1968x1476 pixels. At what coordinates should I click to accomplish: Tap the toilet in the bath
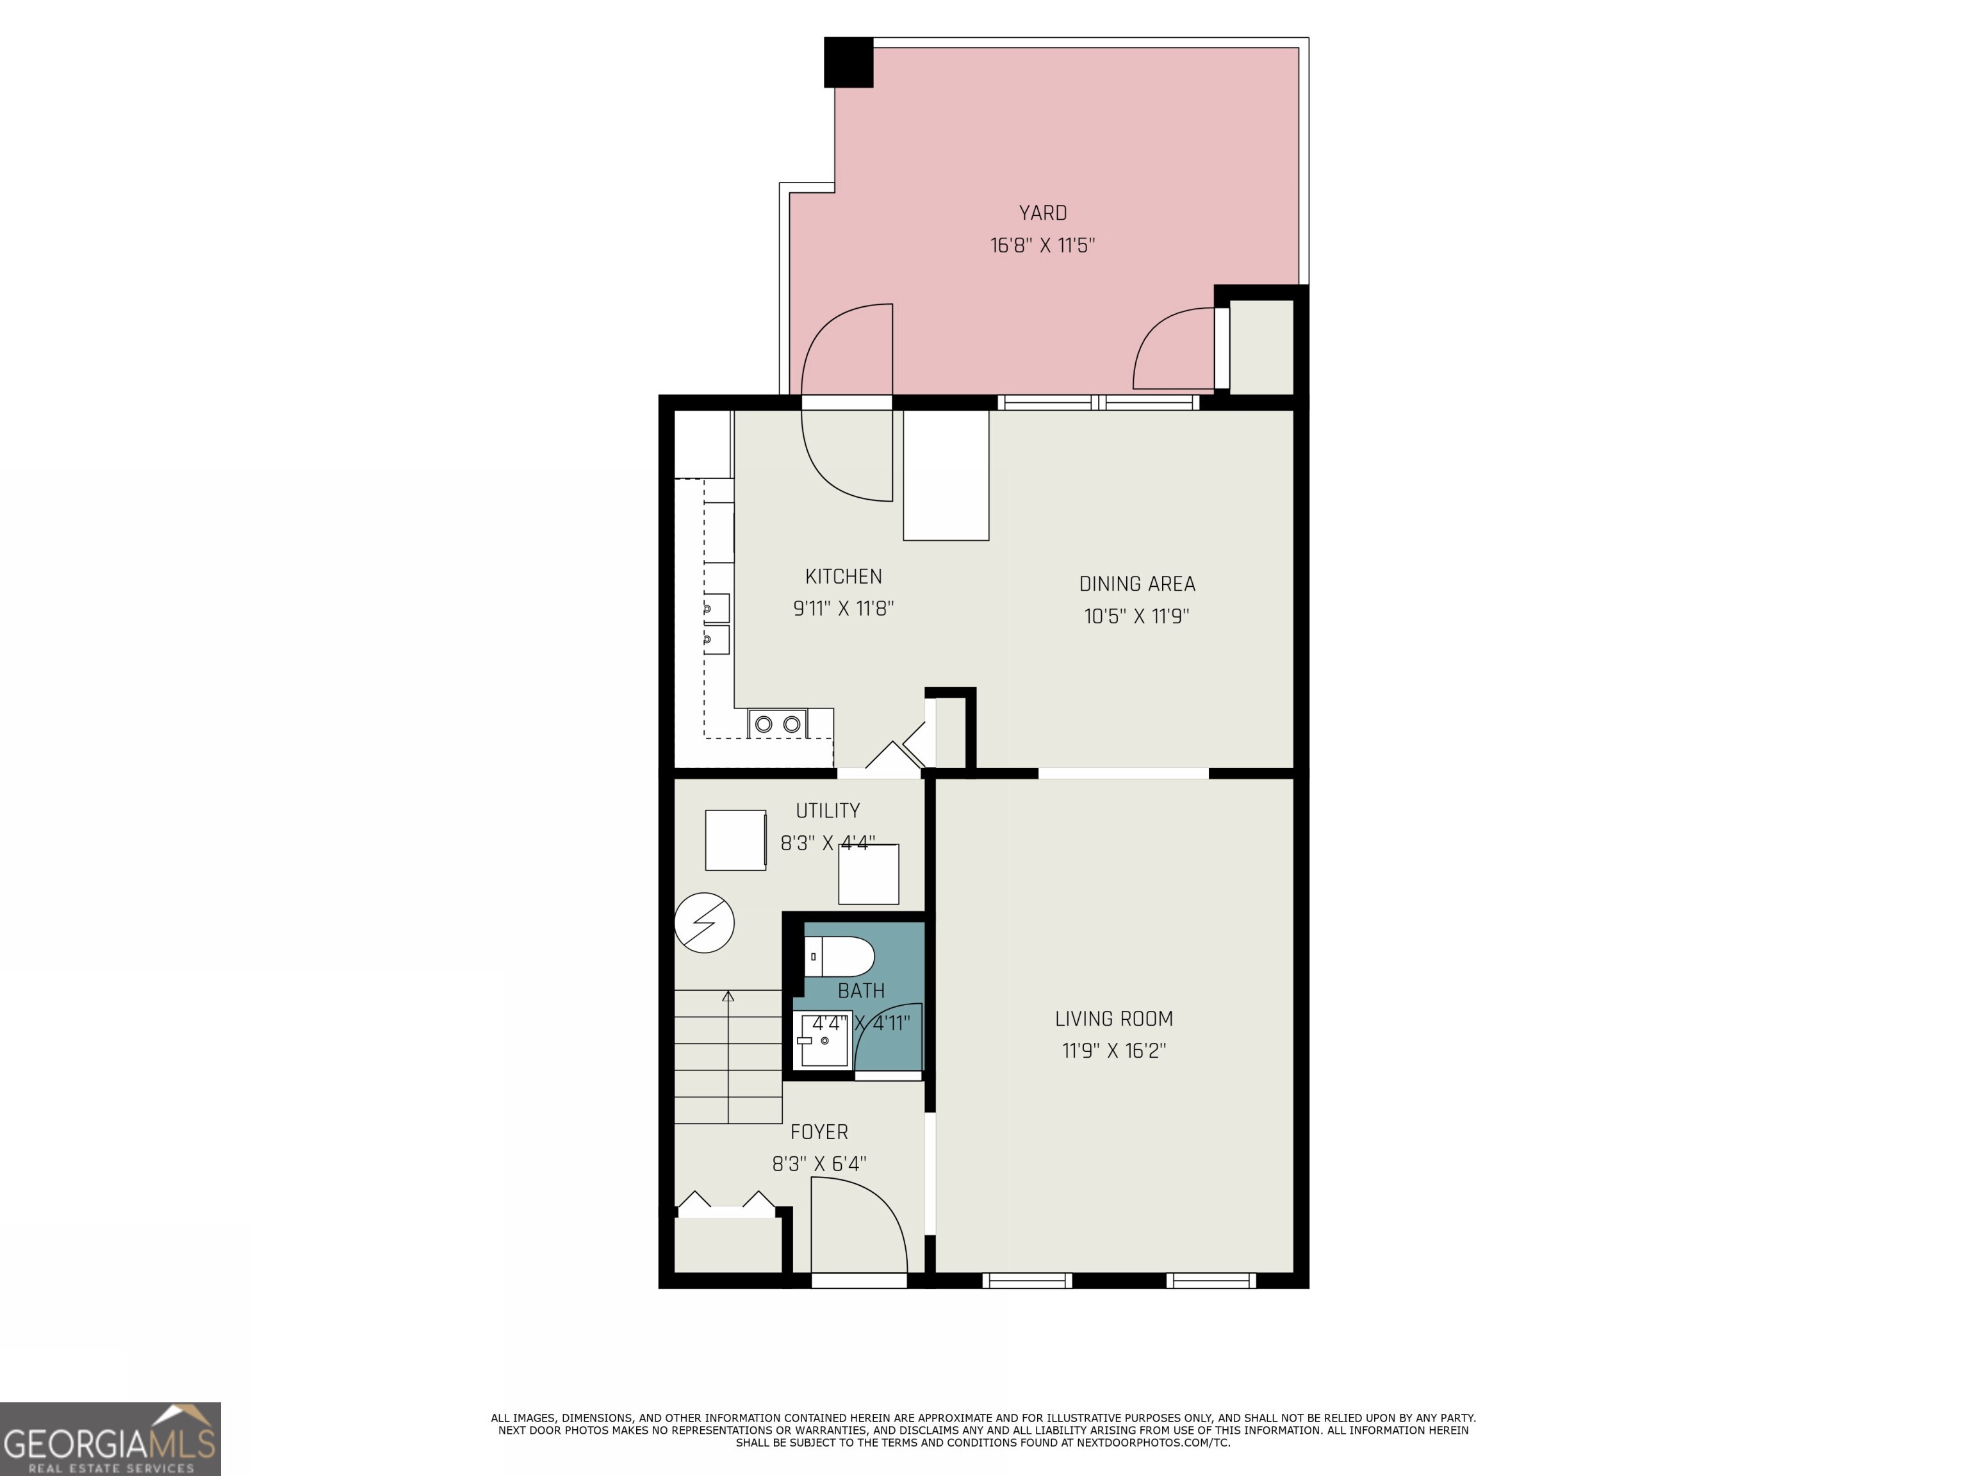tap(839, 956)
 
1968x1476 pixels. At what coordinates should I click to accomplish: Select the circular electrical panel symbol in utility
tap(704, 922)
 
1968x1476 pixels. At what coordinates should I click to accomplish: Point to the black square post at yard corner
tap(848, 62)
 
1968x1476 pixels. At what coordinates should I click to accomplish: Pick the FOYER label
tap(819, 1132)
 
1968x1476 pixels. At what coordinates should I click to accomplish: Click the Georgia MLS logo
tap(110, 1439)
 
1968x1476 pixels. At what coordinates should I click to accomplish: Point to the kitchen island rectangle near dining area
tap(946, 475)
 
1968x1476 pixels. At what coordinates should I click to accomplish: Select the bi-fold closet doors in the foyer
tap(727, 1202)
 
